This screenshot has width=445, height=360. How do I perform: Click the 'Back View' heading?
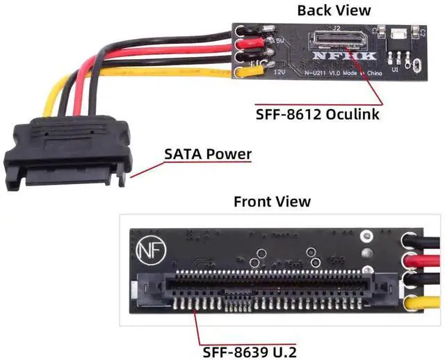pos(334,10)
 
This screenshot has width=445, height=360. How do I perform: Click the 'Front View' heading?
pos(272,202)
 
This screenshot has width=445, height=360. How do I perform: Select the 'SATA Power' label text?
pos(207,154)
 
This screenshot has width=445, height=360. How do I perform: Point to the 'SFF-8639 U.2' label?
pos(248,352)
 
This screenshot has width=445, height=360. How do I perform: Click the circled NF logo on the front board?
pos(147,249)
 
